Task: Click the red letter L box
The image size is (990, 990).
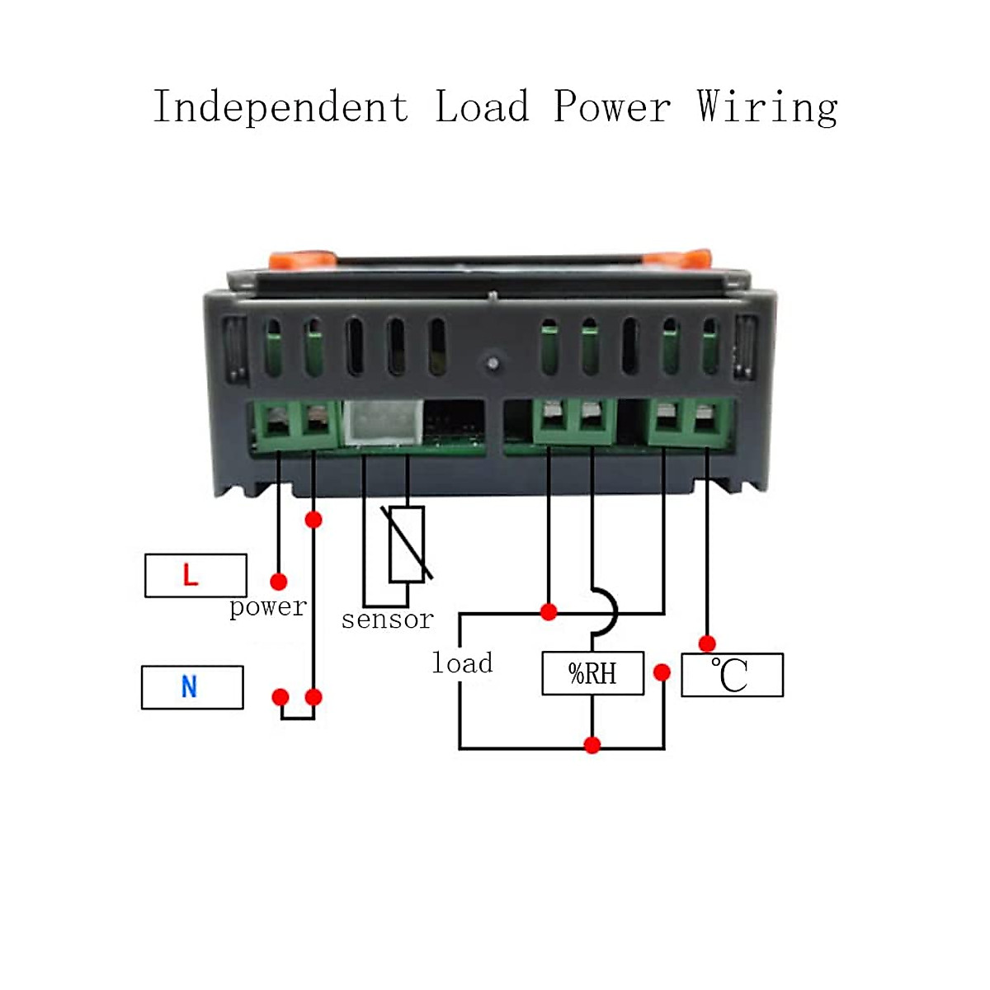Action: tap(196, 575)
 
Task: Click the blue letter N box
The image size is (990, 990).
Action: tap(192, 687)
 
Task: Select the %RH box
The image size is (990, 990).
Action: tap(592, 673)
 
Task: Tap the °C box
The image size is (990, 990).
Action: tap(732, 675)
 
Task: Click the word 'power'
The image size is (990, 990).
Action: tap(267, 608)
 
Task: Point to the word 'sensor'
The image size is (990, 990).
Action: tap(387, 619)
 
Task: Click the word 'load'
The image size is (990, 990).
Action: tap(462, 662)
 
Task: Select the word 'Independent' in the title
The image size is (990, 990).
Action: tap(280, 108)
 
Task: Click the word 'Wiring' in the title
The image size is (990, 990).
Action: tap(767, 108)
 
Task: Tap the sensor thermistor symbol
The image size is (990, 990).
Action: tap(407, 544)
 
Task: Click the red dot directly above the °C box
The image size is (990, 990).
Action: tap(707, 643)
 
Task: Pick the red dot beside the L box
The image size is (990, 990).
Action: tap(279, 582)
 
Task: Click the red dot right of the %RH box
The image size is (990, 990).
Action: tap(662, 672)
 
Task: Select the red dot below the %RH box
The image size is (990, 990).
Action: tap(592, 745)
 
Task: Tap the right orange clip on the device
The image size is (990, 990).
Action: tap(679, 258)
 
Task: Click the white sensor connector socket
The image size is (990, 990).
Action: tap(383, 422)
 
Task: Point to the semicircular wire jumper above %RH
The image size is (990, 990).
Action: tap(606, 611)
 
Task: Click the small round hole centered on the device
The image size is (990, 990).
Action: tap(493, 362)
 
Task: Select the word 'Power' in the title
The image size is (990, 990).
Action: tap(611, 108)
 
